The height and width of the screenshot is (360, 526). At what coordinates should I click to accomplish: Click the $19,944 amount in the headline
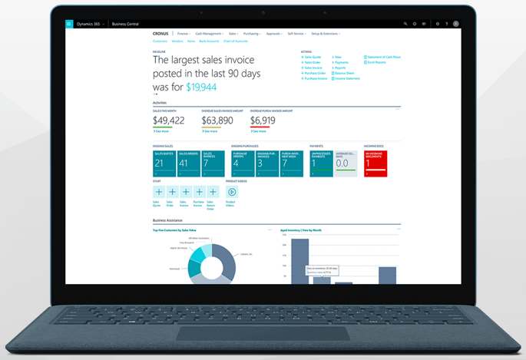coord(201,88)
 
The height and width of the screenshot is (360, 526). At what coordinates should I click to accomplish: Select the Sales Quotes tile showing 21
coord(164,163)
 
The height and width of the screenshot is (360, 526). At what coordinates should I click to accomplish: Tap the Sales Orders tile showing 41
coord(189,163)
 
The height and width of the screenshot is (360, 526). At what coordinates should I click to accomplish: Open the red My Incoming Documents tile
coord(375,163)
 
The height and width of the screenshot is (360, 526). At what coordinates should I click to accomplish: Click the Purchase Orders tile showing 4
coord(243,163)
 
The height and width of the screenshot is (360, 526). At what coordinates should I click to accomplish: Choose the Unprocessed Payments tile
coord(321,163)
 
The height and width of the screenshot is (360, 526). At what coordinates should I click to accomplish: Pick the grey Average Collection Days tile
coord(346,163)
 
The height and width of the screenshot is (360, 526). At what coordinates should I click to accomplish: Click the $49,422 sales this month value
coord(169,121)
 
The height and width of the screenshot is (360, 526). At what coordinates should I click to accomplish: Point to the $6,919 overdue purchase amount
coord(263,121)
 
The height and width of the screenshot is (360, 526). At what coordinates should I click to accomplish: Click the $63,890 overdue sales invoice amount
coord(217,121)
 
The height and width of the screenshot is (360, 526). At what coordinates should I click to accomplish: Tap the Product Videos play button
coord(232,192)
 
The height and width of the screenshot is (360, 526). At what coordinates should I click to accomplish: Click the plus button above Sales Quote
coord(159,192)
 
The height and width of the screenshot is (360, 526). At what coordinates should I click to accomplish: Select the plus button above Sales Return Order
coord(213,192)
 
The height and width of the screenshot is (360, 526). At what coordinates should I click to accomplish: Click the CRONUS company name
coord(160,34)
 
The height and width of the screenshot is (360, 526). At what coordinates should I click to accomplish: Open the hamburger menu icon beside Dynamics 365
coord(69,24)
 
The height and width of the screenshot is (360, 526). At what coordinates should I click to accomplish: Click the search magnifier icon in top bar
coord(405,24)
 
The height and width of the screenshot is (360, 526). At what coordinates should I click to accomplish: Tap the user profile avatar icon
coord(456,24)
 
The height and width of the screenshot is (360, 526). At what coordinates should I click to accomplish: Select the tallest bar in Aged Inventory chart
coord(300,261)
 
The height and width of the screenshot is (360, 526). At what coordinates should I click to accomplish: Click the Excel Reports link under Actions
coord(375,62)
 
